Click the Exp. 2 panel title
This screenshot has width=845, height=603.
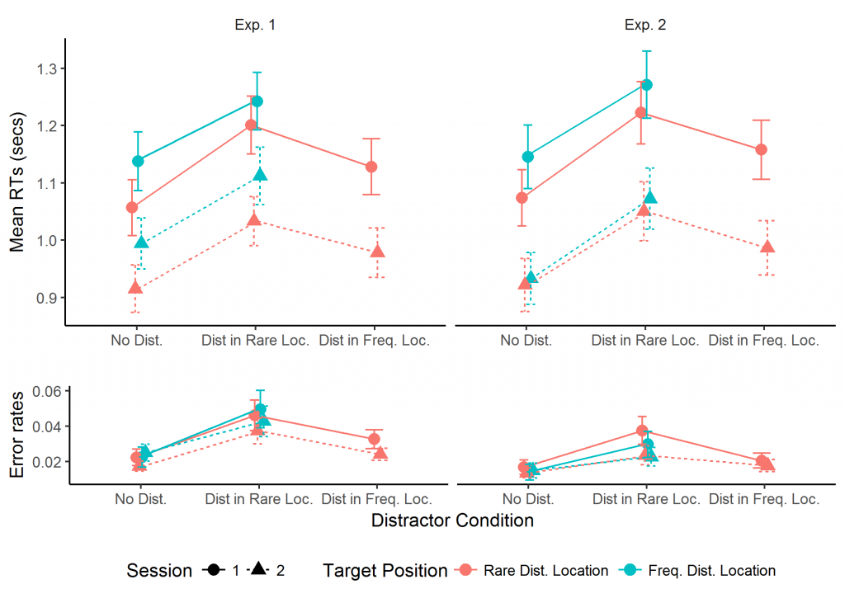644,25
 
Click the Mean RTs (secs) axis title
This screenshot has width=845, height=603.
17,183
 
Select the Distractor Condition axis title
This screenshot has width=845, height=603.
452,521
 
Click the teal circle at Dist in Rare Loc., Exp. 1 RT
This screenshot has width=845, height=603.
257,101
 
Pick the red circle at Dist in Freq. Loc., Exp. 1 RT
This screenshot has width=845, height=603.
371,167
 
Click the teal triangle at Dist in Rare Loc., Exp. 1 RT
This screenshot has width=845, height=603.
261,175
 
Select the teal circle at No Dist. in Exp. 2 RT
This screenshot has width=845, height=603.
528,157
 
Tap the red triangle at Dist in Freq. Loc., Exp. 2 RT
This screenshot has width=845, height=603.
767,247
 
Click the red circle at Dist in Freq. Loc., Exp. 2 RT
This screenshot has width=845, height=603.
761,149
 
